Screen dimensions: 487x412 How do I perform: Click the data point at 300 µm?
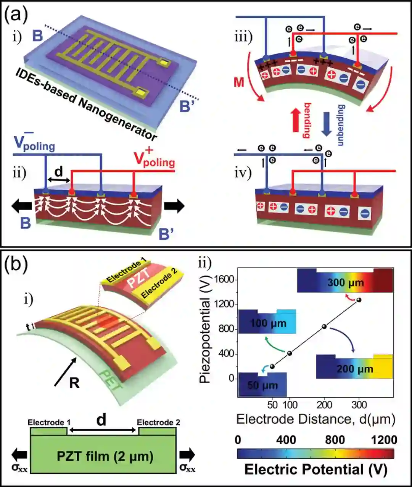click(359, 300)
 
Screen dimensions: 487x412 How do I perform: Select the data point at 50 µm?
click(272, 366)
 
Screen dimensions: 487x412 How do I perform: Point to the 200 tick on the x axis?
click(325, 405)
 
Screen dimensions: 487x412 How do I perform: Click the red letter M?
click(239, 82)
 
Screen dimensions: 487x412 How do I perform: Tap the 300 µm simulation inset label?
click(345, 283)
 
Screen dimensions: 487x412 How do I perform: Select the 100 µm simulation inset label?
click(268, 323)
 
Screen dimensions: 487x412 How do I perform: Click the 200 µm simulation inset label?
click(354, 369)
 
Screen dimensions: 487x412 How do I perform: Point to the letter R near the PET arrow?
click(74, 382)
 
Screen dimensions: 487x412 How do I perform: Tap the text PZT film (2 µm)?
click(105, 456)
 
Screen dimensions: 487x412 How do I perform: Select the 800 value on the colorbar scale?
click(335, 440)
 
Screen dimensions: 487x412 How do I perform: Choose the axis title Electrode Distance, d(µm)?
click(315, 419)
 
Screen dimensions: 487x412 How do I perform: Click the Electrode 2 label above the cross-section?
click(158, 422)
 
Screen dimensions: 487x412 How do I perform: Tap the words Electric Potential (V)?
click(315, 469)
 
